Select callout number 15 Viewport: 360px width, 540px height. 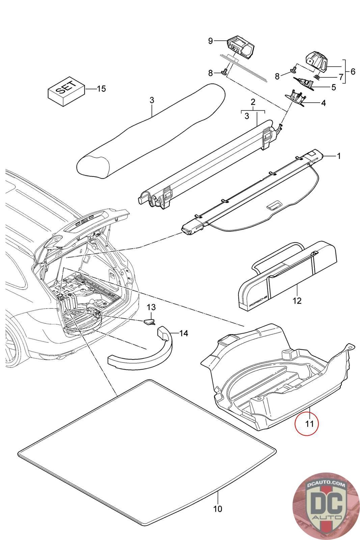point(101,89)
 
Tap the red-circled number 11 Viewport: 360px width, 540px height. point(307,423)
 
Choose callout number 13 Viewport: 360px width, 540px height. point(151,307)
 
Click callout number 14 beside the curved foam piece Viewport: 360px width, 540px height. point(183,333)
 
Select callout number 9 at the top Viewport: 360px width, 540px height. point(210,41)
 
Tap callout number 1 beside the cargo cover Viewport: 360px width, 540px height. point(339,156)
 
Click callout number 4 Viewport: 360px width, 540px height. point(323,103)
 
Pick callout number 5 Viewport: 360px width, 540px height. point(333,87)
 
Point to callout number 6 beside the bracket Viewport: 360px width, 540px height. point(353,72)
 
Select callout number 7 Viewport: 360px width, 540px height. point(341,78)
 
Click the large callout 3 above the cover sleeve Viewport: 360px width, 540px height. point(151,100)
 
